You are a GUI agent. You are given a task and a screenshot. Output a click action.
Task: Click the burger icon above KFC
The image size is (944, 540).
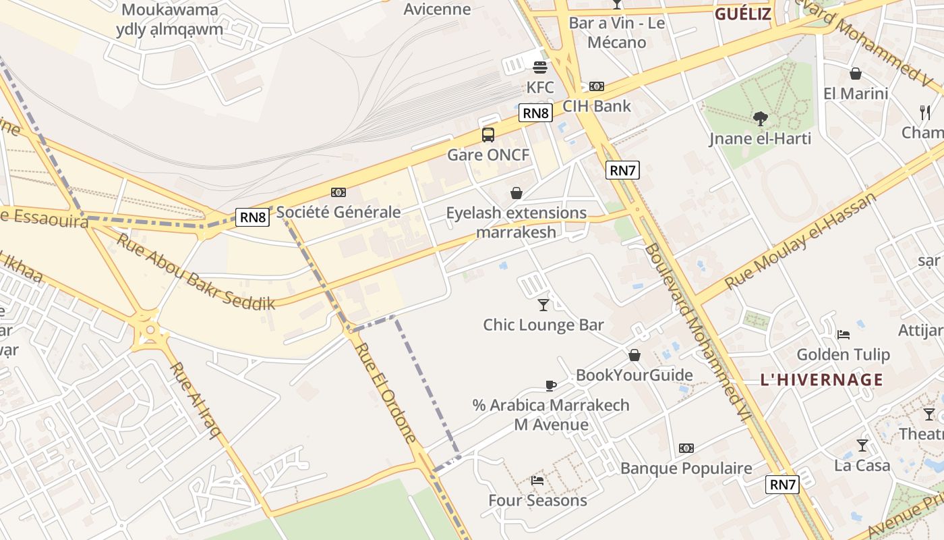click(x=540, y=67)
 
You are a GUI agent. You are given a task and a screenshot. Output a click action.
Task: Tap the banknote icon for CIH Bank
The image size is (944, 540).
click(x=596, y=86)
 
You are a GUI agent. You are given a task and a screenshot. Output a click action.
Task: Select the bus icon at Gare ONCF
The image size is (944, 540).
click(x=488, y=135)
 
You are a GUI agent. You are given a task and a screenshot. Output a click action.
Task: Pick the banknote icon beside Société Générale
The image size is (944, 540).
click(x=338, y=193)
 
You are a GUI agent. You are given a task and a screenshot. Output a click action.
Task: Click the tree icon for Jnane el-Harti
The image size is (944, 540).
click(x=761, y=119)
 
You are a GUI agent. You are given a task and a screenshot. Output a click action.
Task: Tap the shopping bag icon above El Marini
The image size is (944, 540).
click(x=856, y=74)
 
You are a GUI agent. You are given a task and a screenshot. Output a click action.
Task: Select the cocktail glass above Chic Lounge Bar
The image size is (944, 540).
click(x=543, y=305)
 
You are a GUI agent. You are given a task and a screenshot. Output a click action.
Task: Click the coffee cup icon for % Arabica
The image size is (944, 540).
click(x=551, y=385)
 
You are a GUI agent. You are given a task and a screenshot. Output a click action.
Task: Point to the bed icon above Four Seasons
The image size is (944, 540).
click(x=537, y=481)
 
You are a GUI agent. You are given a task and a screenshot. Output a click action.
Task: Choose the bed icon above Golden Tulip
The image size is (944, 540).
click(x=843, y=335)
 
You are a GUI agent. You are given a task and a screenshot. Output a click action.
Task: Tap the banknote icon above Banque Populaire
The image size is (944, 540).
click(x=686, y=448)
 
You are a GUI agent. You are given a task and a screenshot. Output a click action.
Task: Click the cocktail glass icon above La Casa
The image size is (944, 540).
click(x=862, y=446)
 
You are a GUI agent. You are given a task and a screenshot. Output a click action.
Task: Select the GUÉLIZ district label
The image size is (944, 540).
click(x=742, y=14)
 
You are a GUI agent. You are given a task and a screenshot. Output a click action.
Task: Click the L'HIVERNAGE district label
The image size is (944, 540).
click(x=821, y=379)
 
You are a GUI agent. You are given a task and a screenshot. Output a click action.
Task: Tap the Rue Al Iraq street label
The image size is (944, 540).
click(x=196, y=400)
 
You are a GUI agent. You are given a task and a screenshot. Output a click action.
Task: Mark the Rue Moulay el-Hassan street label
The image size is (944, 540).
click(x=800, y=241)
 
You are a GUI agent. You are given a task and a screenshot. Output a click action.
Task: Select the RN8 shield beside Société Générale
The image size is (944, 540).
click(x=254, y=217)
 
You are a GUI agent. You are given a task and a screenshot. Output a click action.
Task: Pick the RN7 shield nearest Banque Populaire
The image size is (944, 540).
click(x=783, y=484)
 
